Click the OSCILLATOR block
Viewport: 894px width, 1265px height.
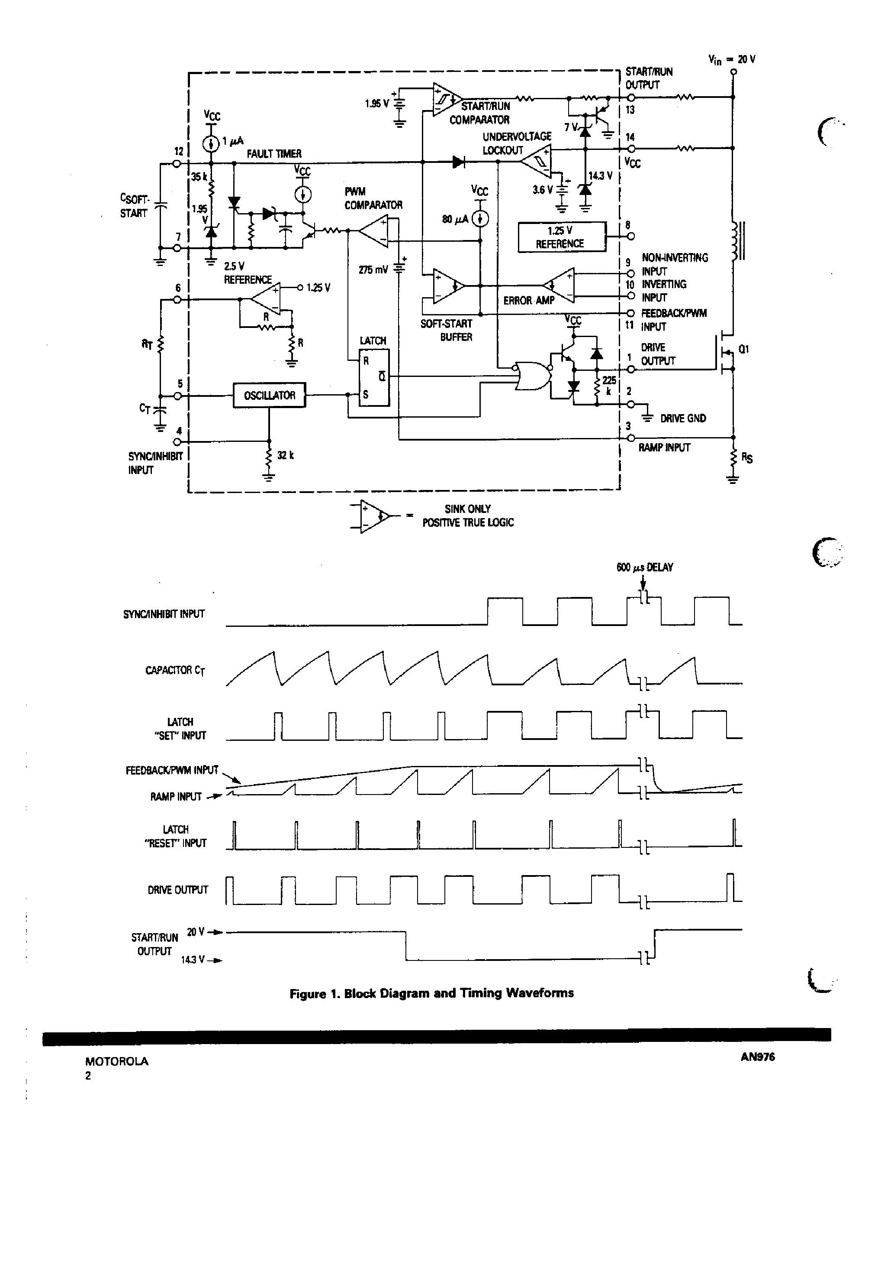pyautogui.click(x=269, y=395)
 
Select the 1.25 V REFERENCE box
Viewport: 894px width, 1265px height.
pyautogui.click(x=562, y=237)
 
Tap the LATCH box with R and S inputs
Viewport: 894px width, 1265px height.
pyautogui.click(x=374, y=378)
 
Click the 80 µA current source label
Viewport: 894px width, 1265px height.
pyautogui.click(x=455, y=219)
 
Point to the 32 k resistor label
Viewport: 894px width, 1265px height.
pyautogui.click(x=285, y=455)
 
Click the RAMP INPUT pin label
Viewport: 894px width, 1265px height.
pyautogui.click(x=664, y=448)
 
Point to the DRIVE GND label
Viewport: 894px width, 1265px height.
pyautogui.click(x=682, y=418)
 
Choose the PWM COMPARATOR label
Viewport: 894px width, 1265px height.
pyautogui.click(x=373, y=198)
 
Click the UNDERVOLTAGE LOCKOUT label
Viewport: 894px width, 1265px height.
pyautogui.click(x=516, y=143)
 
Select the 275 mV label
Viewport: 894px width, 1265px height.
pyautogui.click(x=374, y=270)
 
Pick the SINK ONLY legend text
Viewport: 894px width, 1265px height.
pyautogui.click(x=467, y=509)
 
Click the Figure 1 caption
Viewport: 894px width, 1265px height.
pyautogui.click(x=431, y=993)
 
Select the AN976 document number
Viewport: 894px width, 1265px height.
pyautogui.click(x=758, y=1057)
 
